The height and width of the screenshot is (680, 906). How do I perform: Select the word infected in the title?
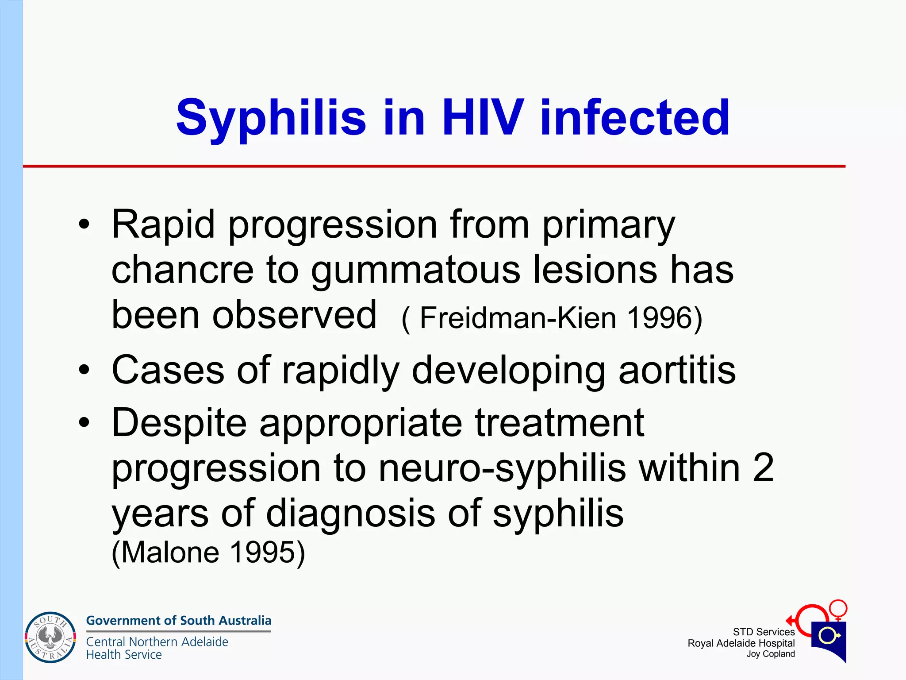point(635,117)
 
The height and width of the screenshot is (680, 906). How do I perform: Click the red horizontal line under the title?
point(434,166)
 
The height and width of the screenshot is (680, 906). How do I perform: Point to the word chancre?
point(182,270)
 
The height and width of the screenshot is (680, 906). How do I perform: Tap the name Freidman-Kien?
point(518,318)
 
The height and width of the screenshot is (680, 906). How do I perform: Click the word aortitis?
point(677,370)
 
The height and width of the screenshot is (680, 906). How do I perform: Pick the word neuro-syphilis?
point(502,468)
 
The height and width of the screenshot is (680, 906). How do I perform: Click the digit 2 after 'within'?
point(763,468)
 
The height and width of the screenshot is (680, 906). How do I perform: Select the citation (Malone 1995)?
point(208,552)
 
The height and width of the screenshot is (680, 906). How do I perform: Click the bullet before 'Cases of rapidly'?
point(84,369)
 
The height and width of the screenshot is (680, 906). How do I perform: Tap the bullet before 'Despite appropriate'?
point(84,422)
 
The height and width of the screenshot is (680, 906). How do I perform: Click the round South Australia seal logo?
point(50,637)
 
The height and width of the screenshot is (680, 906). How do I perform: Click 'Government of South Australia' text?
point(178,621)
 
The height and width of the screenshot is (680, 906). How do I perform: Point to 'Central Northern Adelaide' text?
point(157,641)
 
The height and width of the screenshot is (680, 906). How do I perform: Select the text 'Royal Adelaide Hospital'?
point(741,643)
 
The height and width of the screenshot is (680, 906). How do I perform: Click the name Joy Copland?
point(771,654)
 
